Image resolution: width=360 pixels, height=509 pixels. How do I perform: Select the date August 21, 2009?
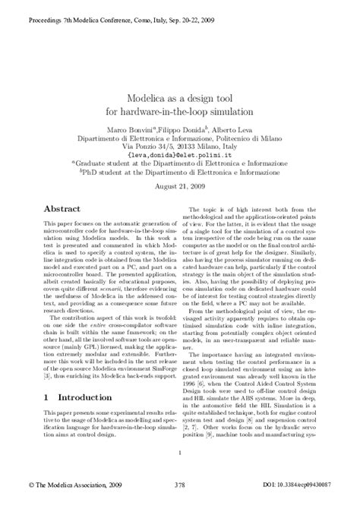(x=180, y=185)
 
